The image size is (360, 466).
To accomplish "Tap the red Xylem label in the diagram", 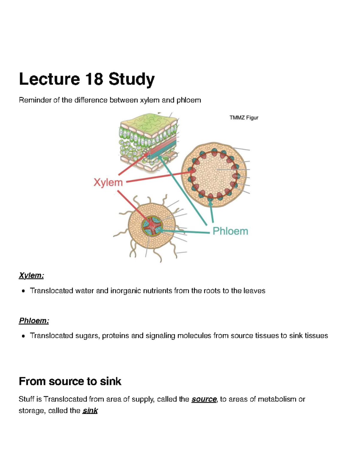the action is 108,182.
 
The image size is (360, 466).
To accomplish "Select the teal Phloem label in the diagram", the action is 230,231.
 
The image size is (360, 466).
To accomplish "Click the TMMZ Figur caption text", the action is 244,118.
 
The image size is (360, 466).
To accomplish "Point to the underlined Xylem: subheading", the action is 31,275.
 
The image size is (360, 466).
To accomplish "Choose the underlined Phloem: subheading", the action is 34,320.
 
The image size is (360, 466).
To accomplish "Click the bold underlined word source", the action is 204,399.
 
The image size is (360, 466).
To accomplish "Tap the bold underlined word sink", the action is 90,411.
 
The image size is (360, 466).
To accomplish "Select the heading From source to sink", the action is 70,381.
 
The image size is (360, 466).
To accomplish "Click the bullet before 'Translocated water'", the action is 23,291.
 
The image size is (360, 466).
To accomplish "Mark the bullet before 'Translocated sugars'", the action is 23,336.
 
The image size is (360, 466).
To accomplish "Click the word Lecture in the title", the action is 49,79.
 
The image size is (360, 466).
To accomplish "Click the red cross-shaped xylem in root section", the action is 152,226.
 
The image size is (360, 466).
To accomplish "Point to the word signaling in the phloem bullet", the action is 160,336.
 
